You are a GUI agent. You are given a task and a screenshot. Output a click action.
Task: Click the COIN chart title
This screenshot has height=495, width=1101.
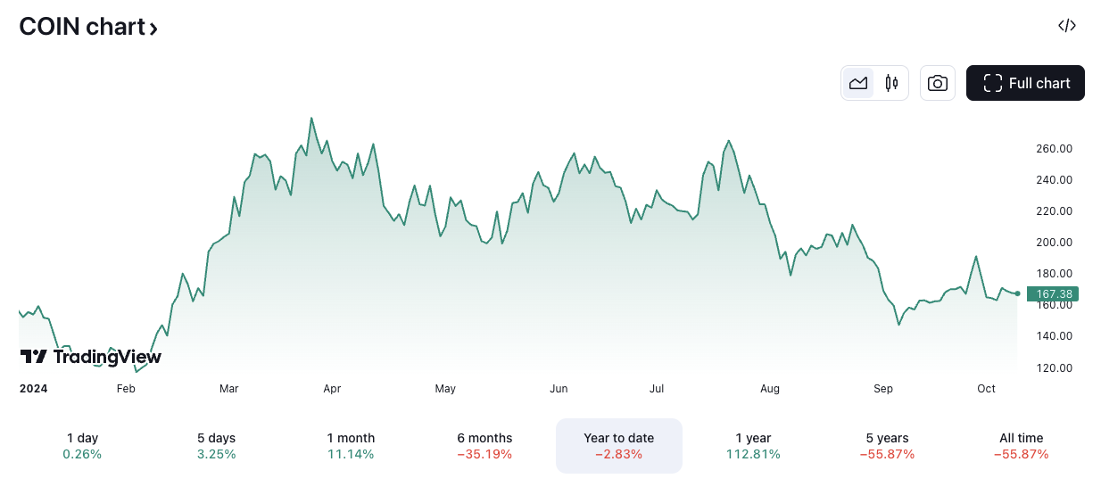(88, 27)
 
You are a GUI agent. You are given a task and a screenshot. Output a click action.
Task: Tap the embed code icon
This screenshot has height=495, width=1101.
(1066, 26)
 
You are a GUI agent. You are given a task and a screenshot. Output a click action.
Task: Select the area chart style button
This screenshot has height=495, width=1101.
(858, 83)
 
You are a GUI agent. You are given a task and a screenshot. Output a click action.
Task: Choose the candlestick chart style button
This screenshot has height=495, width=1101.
(890, 83)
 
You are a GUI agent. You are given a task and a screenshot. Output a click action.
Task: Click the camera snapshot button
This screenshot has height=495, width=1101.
(937, 83)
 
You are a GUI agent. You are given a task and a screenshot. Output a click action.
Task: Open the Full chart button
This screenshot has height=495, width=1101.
(1025, 83)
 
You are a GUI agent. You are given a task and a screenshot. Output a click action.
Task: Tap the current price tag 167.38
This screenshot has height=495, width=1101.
(1053, 293)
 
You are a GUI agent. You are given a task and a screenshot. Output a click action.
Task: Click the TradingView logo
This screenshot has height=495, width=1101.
(91, 357)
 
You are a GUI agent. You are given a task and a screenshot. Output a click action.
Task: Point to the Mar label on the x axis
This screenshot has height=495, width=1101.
(229, 389)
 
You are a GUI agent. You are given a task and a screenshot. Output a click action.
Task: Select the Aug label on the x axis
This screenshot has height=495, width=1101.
(770, 389)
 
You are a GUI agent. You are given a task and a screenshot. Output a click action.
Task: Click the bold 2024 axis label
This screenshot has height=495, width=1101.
(33, 389)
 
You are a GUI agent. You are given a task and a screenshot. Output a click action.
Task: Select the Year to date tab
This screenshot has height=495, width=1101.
(618, 445)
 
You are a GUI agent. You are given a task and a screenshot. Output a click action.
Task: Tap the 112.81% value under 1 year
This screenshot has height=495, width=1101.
(753, 454)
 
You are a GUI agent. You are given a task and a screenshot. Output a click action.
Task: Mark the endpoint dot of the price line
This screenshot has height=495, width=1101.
(1017, 293)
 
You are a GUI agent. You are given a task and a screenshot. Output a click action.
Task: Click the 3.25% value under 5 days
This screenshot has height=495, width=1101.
(216, 454)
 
